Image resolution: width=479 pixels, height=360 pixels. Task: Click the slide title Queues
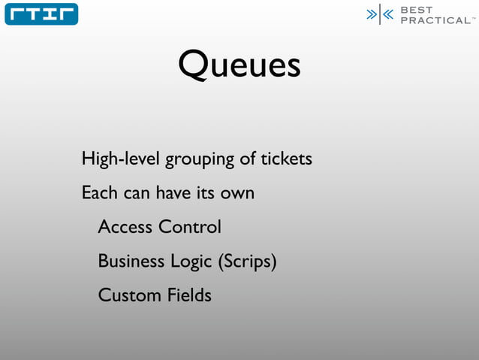coord(239,65)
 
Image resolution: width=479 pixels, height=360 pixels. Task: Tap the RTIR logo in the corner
coord(41,14)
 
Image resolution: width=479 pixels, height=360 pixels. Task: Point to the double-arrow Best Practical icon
coord(380,15)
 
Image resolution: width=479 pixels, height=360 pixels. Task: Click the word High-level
coord(120,159)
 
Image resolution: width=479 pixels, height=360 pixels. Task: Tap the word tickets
coord(286,159)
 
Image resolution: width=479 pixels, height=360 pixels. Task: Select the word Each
coord(99,193)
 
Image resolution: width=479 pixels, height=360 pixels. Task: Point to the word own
coord(237,194)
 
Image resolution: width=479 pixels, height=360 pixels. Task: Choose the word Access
coord(125,227)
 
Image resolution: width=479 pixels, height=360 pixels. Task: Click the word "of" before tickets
coord(248,159)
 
